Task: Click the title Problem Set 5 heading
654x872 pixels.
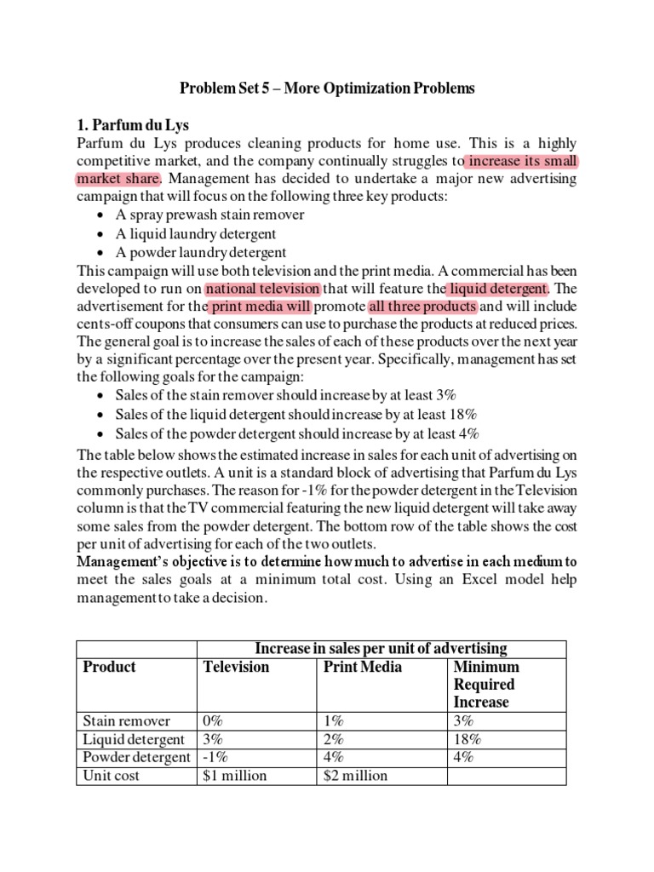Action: [x=327, y=88]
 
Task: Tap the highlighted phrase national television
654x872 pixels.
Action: [x=263, y=290]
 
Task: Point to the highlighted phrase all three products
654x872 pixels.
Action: [x=423, y=307]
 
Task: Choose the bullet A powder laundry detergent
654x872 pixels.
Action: [x=199, y=252]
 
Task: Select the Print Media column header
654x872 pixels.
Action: [x=363, y=667]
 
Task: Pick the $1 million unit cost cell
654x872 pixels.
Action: [x=235, y=775]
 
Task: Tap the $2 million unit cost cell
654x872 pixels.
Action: [x=356, y=775]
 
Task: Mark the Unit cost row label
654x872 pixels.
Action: [x=110, y=775]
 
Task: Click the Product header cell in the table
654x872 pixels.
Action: [x=109, y=667]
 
